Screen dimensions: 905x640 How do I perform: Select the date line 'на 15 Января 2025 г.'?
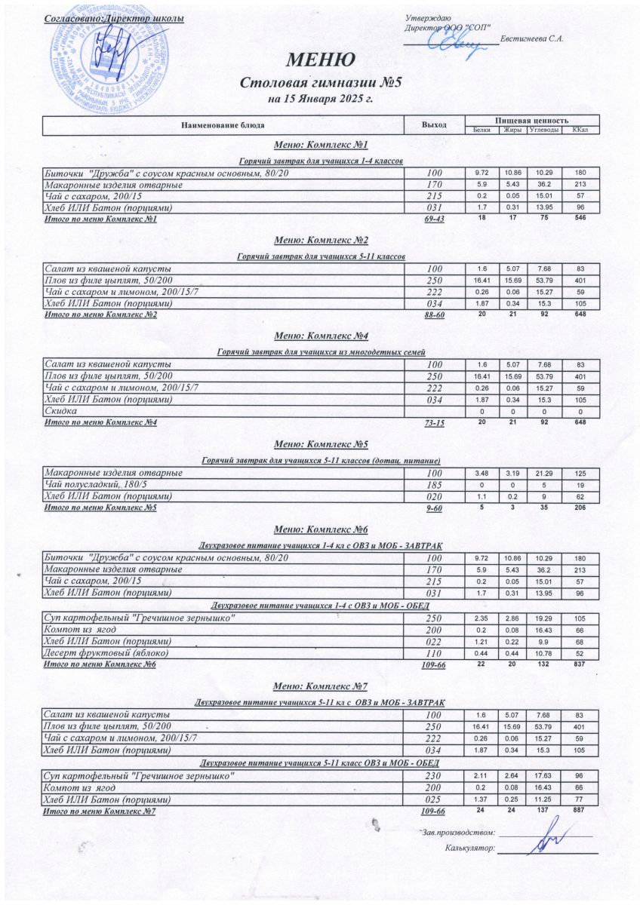321,98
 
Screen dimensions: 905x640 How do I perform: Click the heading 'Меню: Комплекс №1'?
321,144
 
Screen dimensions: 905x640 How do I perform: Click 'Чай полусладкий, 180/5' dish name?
97,484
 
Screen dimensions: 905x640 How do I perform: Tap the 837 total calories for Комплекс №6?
580,664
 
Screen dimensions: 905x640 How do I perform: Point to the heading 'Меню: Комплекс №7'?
321,686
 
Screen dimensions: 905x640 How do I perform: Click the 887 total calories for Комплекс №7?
580,810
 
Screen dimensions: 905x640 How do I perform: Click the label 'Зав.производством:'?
459,833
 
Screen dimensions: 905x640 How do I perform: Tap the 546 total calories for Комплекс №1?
580,219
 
